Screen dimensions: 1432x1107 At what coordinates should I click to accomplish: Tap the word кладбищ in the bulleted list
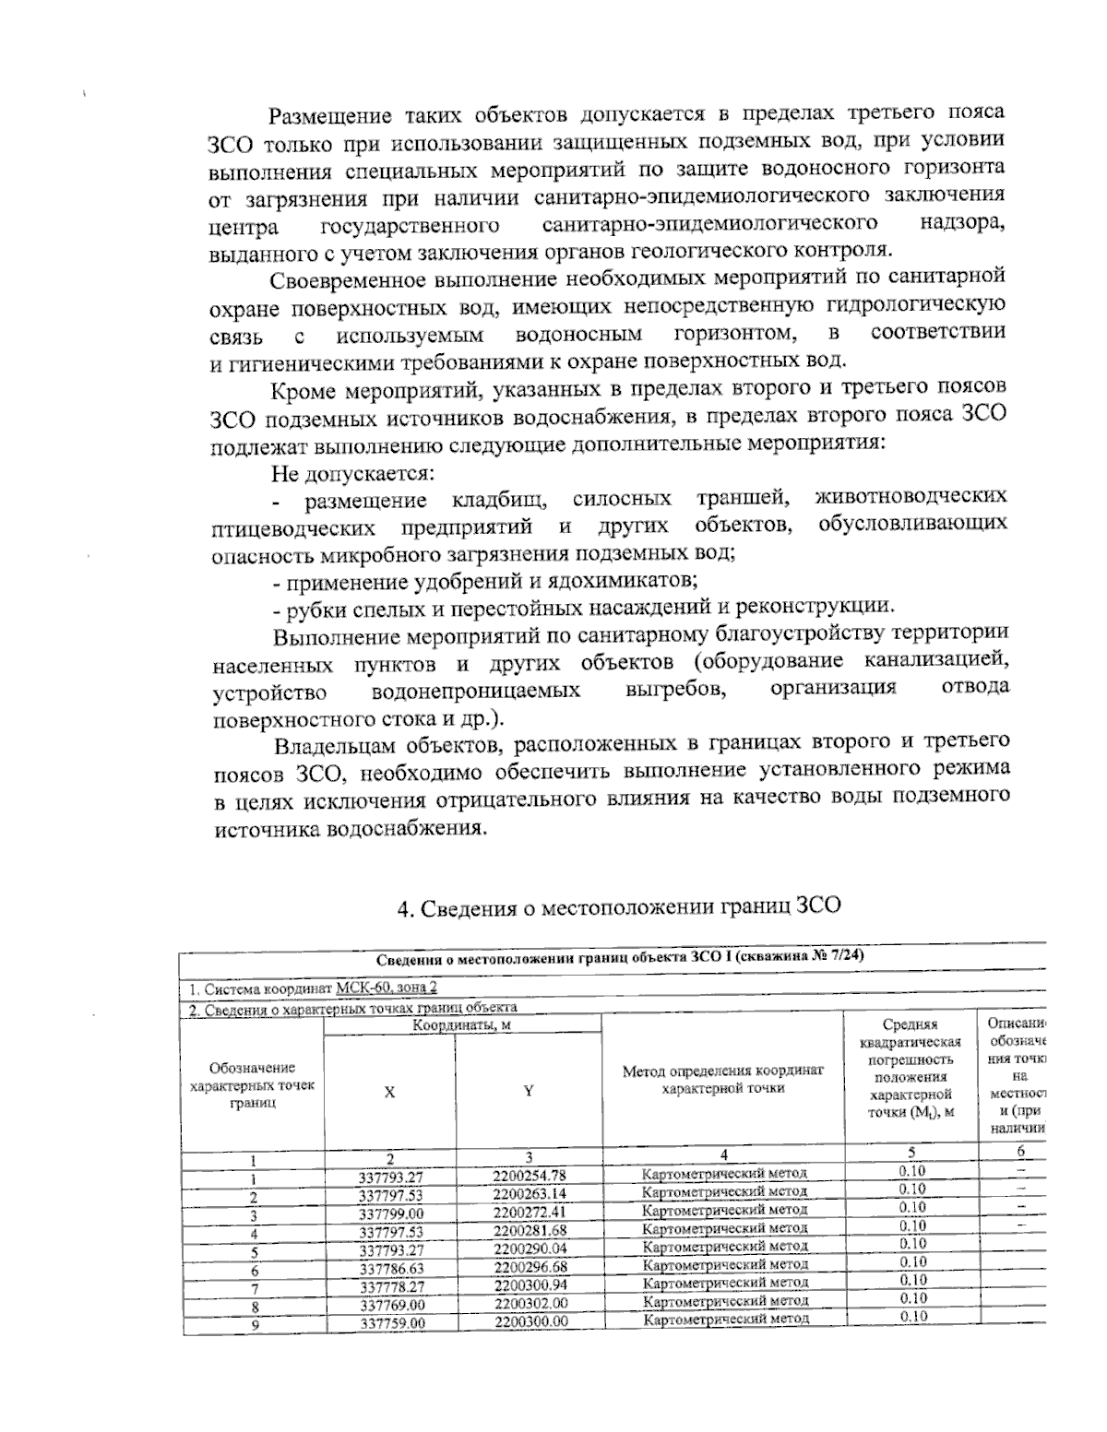click(501, 501)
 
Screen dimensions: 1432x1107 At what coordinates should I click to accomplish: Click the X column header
click(389, 1092)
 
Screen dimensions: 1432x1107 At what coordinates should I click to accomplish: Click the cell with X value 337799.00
click(390, 1213)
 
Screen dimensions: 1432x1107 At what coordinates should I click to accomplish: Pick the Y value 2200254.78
click(530, 1176)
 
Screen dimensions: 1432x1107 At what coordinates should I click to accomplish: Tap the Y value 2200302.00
click(530, 1304)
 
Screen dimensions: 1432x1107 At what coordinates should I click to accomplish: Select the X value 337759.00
click(391, 1322)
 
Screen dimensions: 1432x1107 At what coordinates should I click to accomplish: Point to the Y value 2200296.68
click(530, 1268)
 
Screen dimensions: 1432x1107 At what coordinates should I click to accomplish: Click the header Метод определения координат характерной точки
click(723, 1080)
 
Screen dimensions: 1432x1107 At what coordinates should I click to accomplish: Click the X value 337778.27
click(391, 1286)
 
